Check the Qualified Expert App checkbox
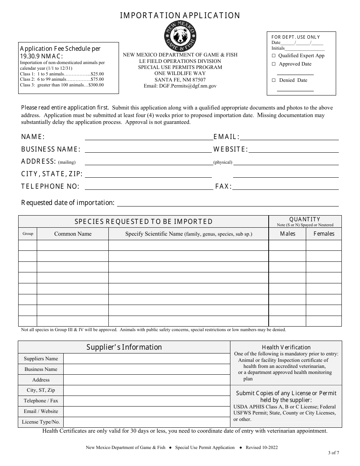[x=274, y=56]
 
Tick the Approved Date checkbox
[x=274, y=64]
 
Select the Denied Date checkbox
[x=274, y=80]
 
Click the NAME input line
[x=148, y=139]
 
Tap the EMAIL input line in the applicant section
[x=289, y=139]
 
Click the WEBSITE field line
[x=294, y=151]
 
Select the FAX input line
[x=285, y=188]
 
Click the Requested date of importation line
[x=227, y=205]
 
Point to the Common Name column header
[x=73, y=234]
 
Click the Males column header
[x=287, y=234]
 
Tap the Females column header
[x=324, y=234]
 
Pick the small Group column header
[x=28, y=234]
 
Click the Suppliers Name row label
[x=41, y=359]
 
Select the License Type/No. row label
[x=41, y=422]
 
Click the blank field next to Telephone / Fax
[x=147, y=401]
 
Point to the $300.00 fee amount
[x=96, y=85]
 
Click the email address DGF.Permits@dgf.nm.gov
[x=180, y=86]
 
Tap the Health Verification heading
[x=286, y=347]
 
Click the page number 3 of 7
[x=334, y=452]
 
